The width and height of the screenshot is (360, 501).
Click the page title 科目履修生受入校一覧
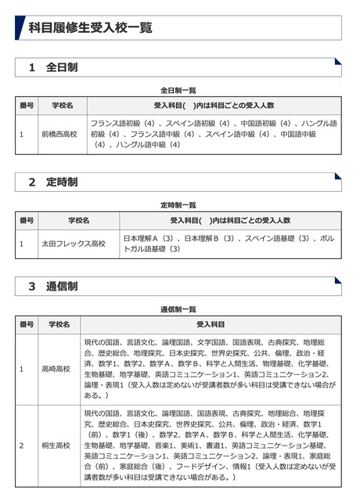(x=90, y=27)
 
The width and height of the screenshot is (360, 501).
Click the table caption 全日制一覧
(x=178, y=90)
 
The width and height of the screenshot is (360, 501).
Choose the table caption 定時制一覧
(x=178, y=204)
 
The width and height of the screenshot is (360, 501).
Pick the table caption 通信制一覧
(x=178, y=309)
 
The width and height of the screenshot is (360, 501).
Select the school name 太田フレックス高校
(x=73, y=243)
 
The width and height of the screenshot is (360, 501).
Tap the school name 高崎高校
(x=57, y=368)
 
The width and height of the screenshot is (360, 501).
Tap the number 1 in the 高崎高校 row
(x=22, y=368)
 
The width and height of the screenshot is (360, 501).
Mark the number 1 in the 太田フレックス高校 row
(x=22, y=243)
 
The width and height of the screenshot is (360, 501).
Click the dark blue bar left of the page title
(x=20, y=27)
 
